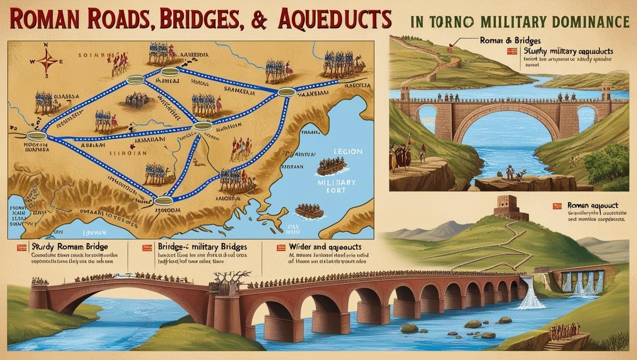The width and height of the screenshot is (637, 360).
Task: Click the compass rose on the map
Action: click(47, 61)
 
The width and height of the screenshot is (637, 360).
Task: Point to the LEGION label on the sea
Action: click(348, 152)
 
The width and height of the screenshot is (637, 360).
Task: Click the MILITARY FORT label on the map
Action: click(337, 186)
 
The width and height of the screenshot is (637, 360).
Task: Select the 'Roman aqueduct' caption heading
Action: click(593, 206)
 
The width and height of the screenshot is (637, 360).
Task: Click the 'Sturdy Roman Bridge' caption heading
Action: click(70, 247)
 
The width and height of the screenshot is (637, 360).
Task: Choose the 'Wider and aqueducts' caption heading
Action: click(325, 247)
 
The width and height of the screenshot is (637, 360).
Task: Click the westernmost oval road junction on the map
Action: click(36, 136)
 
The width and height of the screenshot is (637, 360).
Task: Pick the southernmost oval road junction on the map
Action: click(164, 200)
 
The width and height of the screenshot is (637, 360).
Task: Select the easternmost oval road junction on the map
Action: click(286, 92)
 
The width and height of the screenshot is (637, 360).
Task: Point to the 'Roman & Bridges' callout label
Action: click(510, 40)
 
